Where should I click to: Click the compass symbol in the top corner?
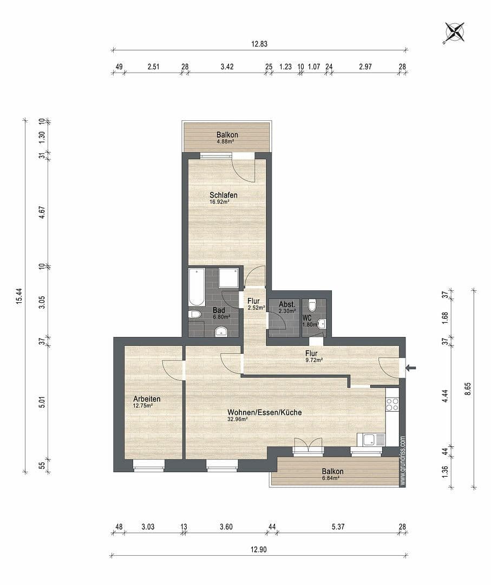[x=454, y=32]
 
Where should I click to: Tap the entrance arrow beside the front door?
[x=411, y=368]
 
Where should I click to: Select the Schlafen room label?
[x=224, y=195]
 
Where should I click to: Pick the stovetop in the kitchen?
[x=392, y=404]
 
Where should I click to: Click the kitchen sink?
[x=371, y=439]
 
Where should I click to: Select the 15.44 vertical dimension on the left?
[x=18, y=295]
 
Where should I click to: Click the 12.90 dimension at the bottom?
[x=259, y=549]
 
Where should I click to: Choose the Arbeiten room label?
[x=147, y=399]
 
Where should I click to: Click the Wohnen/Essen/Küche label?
[x=265, y=412]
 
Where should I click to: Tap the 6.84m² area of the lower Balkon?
[x=331, y=478]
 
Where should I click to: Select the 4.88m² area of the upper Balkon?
[x=226, y=141]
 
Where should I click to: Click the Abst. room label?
[x=286, y=304]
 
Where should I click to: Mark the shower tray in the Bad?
[x=230, y=278]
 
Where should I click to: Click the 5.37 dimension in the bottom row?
[x=338, y=526]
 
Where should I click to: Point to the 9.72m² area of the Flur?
[x=314, y=360]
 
